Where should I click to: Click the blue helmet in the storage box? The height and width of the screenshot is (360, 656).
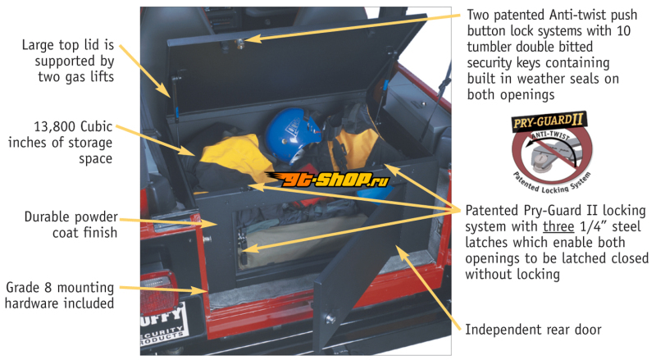pos(292,134)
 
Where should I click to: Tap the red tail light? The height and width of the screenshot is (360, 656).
pos(158,293)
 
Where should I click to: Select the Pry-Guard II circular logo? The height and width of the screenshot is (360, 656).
pos(551,152)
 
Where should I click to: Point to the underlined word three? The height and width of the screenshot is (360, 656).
pos(558,226)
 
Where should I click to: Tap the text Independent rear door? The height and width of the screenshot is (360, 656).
pos(533,330)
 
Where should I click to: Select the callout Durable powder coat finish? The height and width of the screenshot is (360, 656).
pos(71,225)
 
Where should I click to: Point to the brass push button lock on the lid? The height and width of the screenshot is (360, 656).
pos(240,43)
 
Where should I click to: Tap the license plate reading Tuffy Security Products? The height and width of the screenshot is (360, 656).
pos(163,326)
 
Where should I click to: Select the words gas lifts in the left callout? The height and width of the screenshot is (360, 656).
pos(89,77)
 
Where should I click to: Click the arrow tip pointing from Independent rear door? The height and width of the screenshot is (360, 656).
pos(396,247)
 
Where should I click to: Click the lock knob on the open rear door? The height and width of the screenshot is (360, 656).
pos(330,319)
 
